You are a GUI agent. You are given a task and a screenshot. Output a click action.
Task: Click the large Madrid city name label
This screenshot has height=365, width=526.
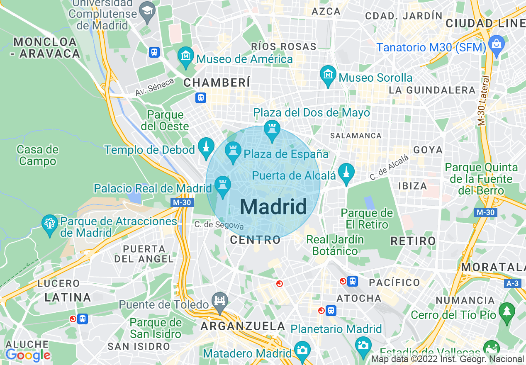(273, 207)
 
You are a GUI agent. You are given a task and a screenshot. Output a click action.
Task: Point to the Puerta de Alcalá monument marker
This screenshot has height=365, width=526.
(346, 173)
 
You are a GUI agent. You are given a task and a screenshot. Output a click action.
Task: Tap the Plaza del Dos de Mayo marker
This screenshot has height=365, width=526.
(272, 130)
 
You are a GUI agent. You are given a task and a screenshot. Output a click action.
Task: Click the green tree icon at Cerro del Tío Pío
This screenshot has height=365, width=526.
(507, 312)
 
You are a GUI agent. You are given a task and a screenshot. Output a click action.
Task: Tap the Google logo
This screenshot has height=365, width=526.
(28, 355)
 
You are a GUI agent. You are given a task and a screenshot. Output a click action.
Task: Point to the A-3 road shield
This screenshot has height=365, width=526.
(513, 283)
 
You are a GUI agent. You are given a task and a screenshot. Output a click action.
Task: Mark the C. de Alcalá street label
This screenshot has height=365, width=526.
(389, 167)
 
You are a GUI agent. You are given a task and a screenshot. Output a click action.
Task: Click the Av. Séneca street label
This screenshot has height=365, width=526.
(155, 87)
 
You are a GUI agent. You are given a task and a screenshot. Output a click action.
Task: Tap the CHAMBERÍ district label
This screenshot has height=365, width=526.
(217, 83)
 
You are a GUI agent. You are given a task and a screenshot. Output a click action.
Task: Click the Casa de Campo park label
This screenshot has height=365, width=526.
(38, 155)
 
